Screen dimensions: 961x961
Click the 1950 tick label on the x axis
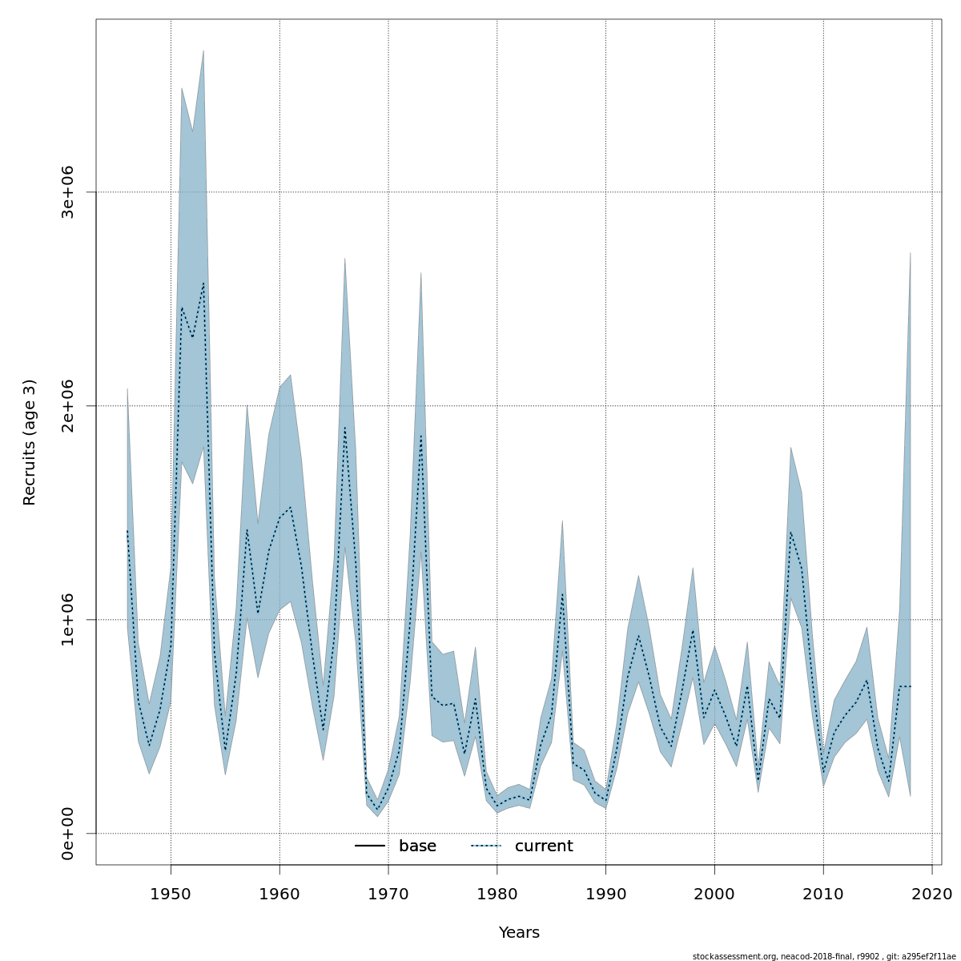[171, 893]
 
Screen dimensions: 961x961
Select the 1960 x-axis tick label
[279, 893]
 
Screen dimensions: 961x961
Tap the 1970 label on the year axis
[388, 893]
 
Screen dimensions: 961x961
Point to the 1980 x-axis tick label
[497, 893]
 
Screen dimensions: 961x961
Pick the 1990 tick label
[605, 893]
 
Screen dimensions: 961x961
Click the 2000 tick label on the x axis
[714, 893]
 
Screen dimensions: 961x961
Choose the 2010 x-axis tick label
[823, 893]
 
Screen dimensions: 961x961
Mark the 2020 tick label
[932, 893]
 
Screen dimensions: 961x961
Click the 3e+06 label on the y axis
[67, 192]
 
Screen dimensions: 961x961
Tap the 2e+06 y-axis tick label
[67, 406]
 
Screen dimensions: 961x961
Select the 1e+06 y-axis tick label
[67, 620]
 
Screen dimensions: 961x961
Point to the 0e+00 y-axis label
[67, 834]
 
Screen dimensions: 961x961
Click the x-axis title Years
[519, 933]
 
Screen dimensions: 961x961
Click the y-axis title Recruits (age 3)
[30, 442]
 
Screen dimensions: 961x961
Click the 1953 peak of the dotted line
[203, 283]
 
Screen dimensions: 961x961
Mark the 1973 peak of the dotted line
[421, 435]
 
